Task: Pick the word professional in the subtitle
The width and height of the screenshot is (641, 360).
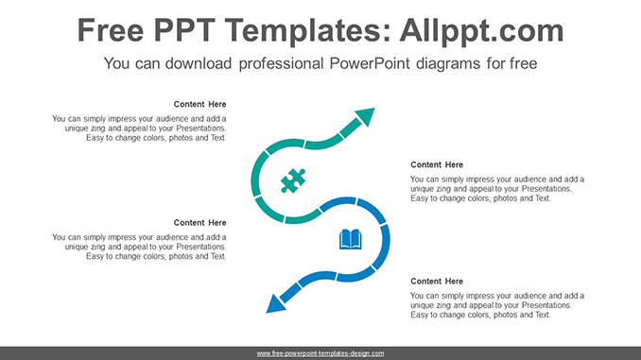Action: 281,64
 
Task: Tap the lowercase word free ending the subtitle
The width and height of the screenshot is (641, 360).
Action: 522,64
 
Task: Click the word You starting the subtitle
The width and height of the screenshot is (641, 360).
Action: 117,64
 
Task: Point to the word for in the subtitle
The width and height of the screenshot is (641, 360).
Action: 494,64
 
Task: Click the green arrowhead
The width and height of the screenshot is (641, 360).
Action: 364,117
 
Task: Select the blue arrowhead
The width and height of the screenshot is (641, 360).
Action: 276,302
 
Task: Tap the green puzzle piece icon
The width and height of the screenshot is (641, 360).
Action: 292,180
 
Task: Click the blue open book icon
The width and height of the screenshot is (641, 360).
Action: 351,239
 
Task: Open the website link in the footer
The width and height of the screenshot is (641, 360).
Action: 320,353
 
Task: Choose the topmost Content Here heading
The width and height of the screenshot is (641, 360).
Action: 200,104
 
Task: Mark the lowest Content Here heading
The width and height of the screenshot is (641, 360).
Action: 437,282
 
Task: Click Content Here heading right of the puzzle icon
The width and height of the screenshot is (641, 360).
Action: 437,164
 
